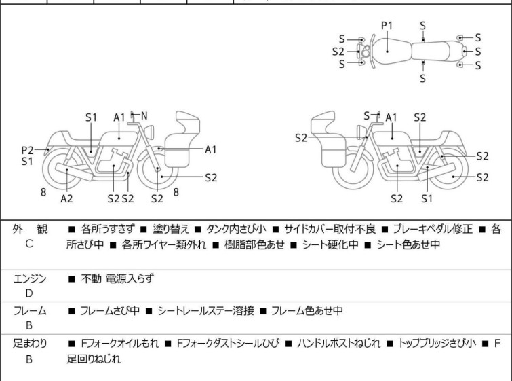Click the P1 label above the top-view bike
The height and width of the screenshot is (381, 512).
[387, 26]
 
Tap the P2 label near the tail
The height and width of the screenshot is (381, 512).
[27, 151]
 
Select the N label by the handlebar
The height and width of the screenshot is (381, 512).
[144, 115]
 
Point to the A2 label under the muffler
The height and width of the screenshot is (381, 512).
[66, 198]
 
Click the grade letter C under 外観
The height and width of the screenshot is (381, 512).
[29, 244]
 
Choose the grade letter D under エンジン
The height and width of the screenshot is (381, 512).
[29, 293]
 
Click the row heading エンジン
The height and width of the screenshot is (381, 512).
[30, 279]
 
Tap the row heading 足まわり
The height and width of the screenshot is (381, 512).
[30, 344]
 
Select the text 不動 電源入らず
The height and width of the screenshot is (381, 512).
[117, 279]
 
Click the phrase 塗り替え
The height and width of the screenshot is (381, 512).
[171, 230]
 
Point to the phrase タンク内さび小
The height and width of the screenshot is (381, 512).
[236, 230]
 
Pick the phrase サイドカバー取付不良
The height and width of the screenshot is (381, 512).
[330, 230]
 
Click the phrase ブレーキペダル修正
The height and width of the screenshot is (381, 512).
[433, 230]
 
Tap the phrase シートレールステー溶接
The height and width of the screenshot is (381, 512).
[205, 310]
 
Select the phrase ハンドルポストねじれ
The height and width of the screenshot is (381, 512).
[338, 344]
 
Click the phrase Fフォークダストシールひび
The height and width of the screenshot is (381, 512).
[229, 344]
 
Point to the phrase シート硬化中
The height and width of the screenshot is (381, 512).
[330, 244]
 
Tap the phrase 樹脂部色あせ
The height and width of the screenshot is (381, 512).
[254, 244]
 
